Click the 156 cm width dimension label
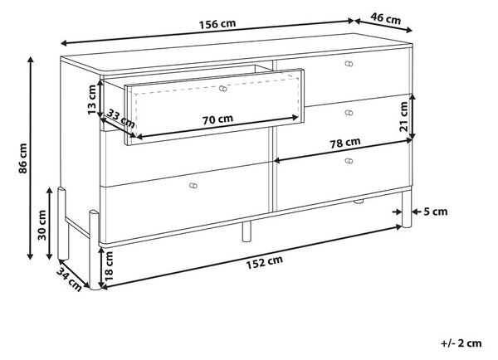(x=217, y=24)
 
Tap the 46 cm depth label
(x=386, y=18)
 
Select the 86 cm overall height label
(x=23, y=158)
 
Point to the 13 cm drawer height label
(x=91, y=100)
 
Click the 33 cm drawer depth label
(x=120, y=118)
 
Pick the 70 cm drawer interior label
(x=217, y=119)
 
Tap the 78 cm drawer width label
(x=345, y=144)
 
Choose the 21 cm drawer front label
(x=403, y=116)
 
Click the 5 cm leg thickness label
(x=436, y=212)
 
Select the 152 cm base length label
(x=264, y=262)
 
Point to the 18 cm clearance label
(x=109, y=266)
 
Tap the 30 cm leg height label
(x=42, y=225)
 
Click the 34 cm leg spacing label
(x=70, y=279)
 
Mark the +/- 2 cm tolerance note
(x=461, y=343)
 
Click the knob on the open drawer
(x=223, y=89)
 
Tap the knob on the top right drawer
(x=349, y=64)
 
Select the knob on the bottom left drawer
(x=193, y=186)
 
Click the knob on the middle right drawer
(x=349, y=113)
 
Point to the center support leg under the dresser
(x=247, y=231)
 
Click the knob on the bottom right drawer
(x=349, y=161)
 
